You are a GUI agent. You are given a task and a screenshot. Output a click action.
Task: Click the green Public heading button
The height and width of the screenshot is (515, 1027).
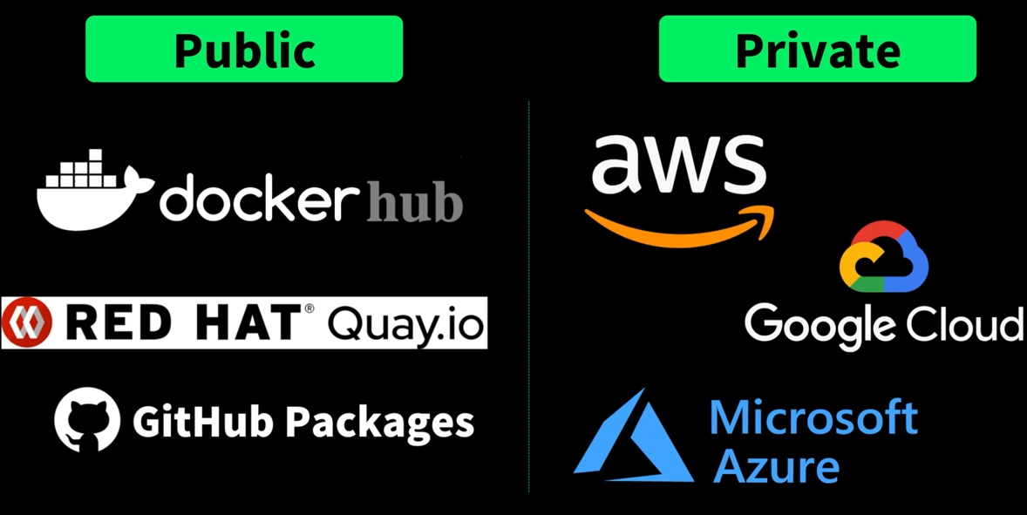[x=244, y=49]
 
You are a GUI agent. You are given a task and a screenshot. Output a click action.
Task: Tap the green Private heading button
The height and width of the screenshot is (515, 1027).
[x=817, y=49]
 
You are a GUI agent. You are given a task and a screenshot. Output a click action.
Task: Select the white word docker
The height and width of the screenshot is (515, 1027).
[x=259, y=199]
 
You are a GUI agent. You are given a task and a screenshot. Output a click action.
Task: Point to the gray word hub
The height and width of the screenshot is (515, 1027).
[x=414, y=202]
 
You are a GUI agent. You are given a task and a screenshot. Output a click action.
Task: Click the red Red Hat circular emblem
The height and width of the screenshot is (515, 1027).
[x=27, y=323]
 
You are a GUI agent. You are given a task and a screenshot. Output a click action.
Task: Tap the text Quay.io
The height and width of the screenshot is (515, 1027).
[x=406, y=325]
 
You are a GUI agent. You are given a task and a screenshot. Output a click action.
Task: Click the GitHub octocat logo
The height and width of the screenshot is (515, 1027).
[x=87, y=420]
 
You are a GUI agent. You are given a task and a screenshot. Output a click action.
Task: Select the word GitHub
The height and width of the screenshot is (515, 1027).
[x=203, y=422]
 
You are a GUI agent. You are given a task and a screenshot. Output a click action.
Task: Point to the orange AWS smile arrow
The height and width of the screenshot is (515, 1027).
[x=680, y=226]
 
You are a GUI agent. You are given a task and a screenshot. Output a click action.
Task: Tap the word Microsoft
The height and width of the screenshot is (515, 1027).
[x=813, y=417]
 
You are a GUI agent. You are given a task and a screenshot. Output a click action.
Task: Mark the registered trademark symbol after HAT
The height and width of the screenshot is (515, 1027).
[x=309, y=309]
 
